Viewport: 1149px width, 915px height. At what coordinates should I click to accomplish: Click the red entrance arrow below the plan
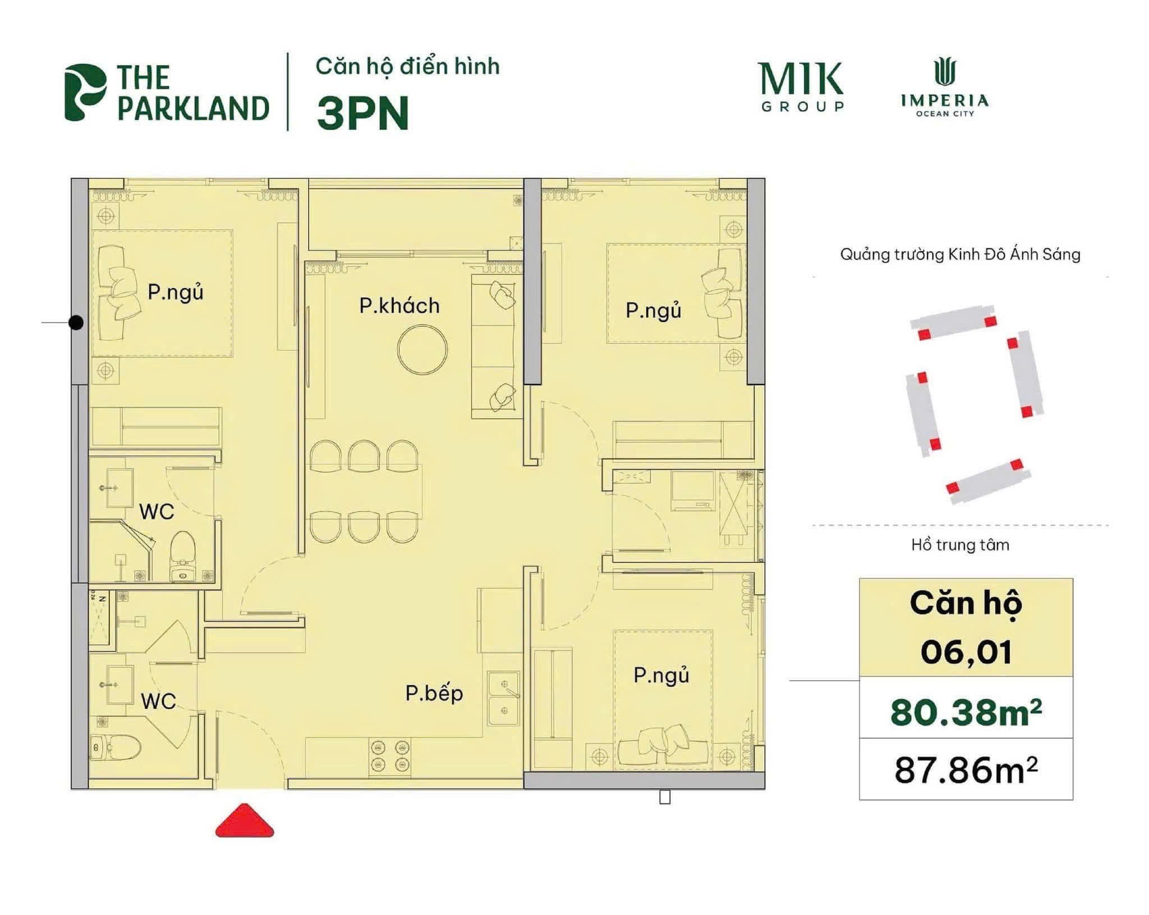[x=245, y=821]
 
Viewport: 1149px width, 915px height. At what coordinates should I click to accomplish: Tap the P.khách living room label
[x=399, y=306]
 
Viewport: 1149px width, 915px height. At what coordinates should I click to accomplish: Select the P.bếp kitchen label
[x=434, y=694]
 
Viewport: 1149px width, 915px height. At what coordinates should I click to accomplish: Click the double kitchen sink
[x=504, y=697]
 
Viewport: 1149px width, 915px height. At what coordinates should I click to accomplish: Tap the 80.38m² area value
[x=966, y=713]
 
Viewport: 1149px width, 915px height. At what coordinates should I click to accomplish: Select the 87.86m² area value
[x=966, y=770]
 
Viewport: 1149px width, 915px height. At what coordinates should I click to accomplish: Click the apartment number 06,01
[x=966, y=652]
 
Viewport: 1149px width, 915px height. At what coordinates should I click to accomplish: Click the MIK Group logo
[x=801, y=86]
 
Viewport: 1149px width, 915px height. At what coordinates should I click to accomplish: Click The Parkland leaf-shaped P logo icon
[x=85, y=92]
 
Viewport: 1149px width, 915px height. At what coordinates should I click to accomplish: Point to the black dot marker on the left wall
[x=76, y=323]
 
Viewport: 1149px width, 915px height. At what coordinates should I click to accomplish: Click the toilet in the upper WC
[x=182, y=554]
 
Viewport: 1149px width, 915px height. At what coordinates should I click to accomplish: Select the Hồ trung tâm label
[x=960, y=545]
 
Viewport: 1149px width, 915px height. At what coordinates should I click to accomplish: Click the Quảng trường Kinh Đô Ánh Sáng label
[x=960, y=255]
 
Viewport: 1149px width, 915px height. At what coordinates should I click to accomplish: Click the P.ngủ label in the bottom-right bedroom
[x=661, y=676]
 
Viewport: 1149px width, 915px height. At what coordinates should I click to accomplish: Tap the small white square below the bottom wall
[x=665, y=797]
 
